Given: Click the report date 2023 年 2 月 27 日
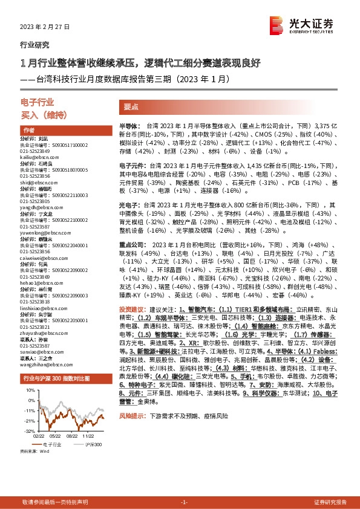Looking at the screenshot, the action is pyautogui.click(x=45, y=27).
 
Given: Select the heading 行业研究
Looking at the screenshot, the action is pyautogui.click(x=35, y=45).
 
